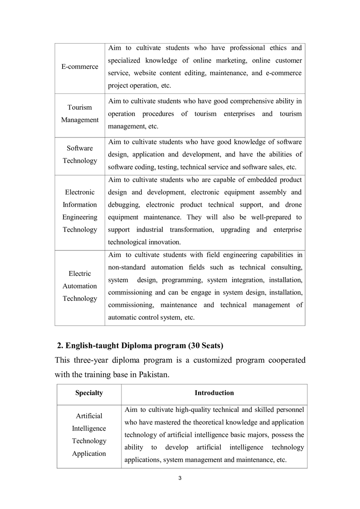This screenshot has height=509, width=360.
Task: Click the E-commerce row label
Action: (x=80, y=67)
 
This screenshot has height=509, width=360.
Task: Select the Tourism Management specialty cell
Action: (x=80, y=114)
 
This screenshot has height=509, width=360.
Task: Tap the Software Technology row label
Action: (x=80, y=154)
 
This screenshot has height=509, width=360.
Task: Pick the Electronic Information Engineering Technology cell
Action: (x=80, y=211)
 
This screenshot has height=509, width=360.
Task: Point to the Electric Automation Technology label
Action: (x=80, y=286)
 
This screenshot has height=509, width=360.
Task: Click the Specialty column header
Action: (x=89, y=393)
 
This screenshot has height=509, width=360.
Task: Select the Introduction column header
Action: (x=214, y=393)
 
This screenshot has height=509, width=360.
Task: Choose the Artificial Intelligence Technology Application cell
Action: (x=89, y=435)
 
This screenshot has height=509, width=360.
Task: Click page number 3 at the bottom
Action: (x=180, y=478)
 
